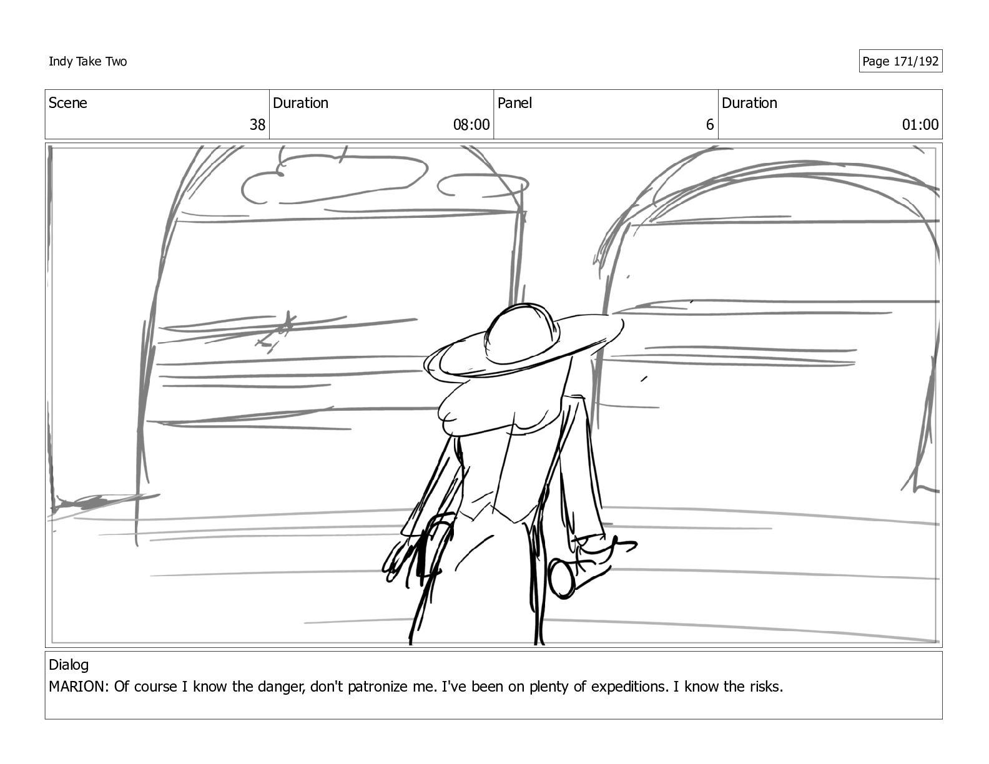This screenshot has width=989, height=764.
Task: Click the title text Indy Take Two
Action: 87,61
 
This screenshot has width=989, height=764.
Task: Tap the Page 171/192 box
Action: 900,61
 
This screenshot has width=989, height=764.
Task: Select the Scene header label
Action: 68,103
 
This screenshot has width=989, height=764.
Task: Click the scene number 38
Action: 257,124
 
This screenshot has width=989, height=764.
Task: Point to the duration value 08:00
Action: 471,124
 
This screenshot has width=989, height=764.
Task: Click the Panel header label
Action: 514,103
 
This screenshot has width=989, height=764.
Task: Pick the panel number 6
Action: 709,124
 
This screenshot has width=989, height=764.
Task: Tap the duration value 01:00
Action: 920,124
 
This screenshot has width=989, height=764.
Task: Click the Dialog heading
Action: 69,665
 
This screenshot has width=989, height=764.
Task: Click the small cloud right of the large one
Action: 483,185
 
